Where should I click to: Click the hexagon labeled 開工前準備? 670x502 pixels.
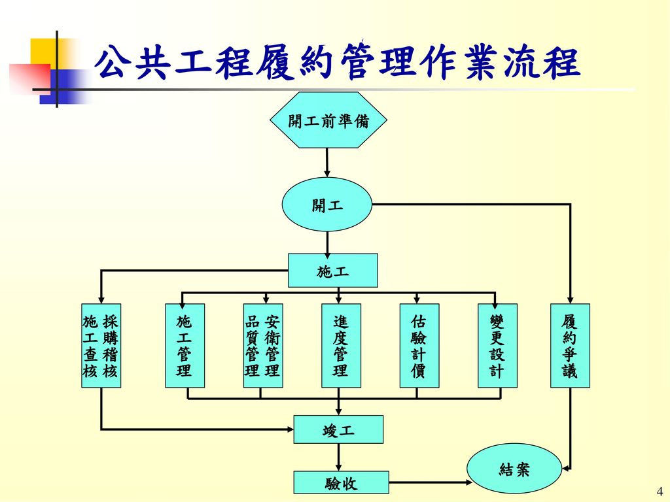pos(328,120)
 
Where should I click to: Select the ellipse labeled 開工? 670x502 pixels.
pos(326,205)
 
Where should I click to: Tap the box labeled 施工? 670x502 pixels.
pos(332,271)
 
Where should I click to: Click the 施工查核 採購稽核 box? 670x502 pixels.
pos(101,346)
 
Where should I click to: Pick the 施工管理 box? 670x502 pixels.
pos(185,346)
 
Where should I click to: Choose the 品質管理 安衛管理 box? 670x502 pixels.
pos(262,346)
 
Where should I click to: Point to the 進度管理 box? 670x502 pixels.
pos(340,346)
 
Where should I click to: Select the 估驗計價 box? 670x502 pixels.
pos(419,346)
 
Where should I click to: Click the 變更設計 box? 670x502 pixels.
pos(497,346)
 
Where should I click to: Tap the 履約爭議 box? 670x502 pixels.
pos(570,346)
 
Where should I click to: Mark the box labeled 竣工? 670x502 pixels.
pos(338,430)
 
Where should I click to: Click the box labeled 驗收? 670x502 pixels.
pos(341,483)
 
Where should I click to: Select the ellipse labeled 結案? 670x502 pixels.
pos(514,469)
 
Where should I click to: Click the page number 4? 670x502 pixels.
pos(659,492)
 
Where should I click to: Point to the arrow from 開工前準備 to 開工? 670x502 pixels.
pos(326,163)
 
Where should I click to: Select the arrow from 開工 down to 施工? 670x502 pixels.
pos(326,242)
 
